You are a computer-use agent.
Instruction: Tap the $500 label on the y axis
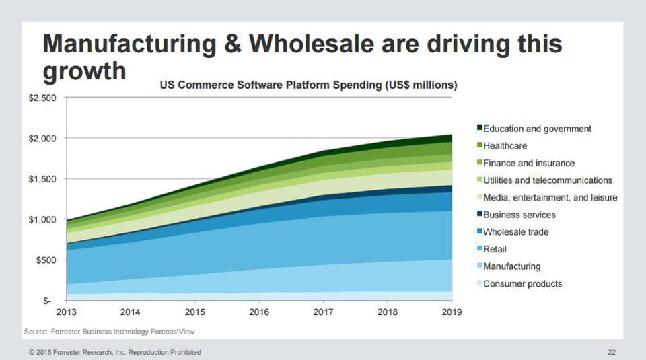48,260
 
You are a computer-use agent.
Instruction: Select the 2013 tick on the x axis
66,312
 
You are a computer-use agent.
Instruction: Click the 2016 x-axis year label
259,312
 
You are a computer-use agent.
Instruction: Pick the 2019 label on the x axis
452,312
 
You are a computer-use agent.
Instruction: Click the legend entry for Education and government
537,129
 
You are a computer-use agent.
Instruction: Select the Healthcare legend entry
505,146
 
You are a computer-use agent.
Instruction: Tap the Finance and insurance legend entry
529,163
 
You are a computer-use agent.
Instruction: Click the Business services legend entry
519,215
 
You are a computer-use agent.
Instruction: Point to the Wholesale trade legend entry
515,232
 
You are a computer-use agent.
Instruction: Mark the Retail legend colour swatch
480,249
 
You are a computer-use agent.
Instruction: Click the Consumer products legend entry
522,284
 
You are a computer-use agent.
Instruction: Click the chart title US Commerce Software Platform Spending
308,85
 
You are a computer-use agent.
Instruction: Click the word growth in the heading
84,70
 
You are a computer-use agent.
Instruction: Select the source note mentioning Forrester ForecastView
110,332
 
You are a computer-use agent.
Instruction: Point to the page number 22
611,352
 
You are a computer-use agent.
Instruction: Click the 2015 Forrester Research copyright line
114,352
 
